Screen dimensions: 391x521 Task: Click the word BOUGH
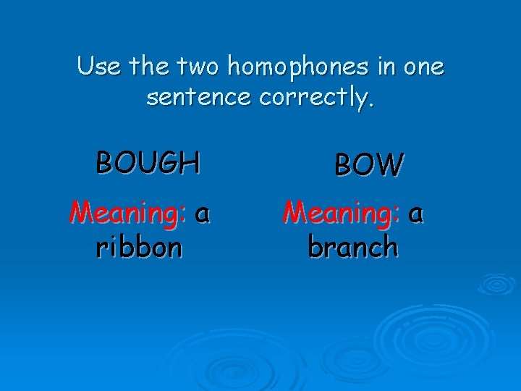(x=148, y=163)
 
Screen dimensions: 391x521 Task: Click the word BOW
(x=368, y=165)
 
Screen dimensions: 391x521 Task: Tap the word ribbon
(x=139, y=248)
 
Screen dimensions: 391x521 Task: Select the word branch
(x=353, y=248)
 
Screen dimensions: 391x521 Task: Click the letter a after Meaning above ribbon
(x=203, y=214)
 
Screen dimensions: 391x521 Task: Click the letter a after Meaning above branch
(x=417, y=214)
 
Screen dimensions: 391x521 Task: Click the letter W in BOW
(x=389, y=165)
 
